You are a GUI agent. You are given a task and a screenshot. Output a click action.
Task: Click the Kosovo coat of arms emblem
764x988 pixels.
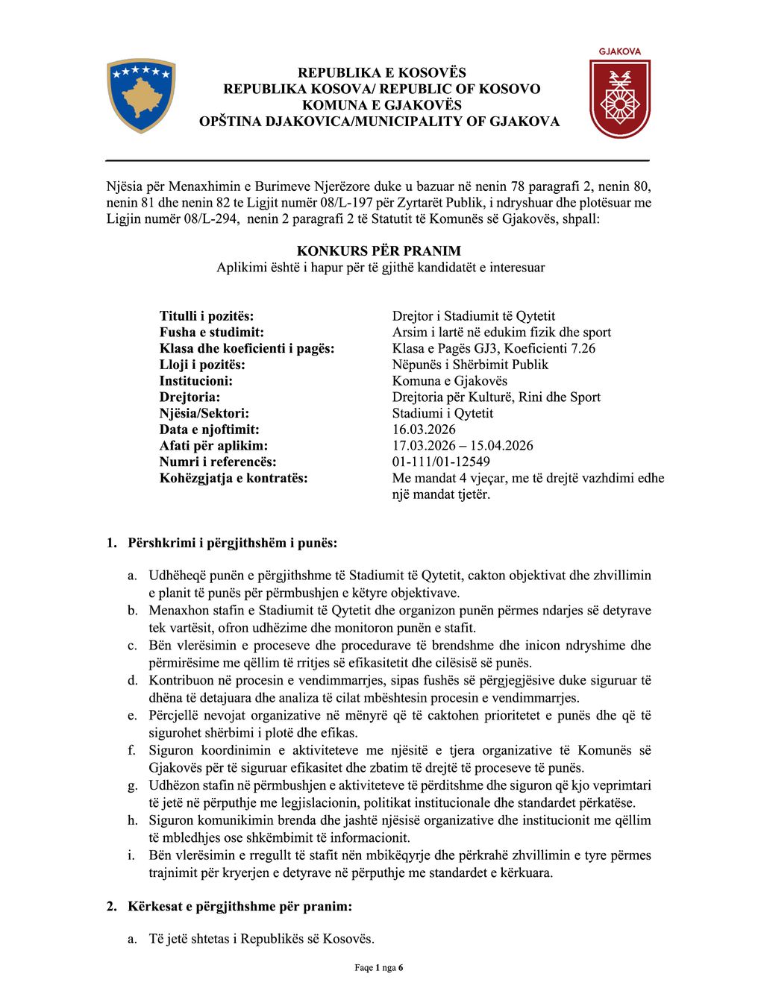tap(141, 95)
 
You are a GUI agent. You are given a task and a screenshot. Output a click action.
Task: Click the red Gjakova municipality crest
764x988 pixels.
tap(619, 98)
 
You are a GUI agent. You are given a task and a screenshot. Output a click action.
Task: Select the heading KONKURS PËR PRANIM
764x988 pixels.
tap(379, 251)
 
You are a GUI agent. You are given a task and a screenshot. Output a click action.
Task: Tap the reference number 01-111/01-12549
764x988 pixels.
tap(441, 462)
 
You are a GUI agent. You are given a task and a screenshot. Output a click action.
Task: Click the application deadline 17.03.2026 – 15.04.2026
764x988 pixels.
tap(463, 446)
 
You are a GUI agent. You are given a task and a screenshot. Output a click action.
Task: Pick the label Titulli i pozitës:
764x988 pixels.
tap(207, 316)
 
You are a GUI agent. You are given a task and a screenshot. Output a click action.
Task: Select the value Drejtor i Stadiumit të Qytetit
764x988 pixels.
tap(474, 316)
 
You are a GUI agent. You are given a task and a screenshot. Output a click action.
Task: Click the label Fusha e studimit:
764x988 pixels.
tap(212, 333)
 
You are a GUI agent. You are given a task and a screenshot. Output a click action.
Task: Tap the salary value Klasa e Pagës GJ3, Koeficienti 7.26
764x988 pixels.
tap(494, 348)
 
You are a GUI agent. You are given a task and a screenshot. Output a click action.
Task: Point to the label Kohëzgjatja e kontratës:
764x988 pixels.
tap(234, 478)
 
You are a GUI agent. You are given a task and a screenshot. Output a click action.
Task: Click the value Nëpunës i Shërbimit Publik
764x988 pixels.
tap(470, 365)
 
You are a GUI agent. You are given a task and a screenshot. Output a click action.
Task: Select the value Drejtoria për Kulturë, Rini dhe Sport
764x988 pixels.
tap(496, 397)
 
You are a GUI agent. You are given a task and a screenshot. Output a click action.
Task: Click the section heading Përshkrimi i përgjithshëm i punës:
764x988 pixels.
tap(232, 543)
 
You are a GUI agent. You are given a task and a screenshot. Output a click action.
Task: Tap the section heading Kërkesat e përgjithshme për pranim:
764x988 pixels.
tap(239, 907)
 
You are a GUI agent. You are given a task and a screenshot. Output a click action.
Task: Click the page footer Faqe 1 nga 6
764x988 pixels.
tap(379, 968)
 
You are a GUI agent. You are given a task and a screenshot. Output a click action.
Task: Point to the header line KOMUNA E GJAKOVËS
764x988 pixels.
tap(382, 105)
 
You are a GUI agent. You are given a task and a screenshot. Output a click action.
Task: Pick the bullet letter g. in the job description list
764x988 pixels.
tap(133, 785)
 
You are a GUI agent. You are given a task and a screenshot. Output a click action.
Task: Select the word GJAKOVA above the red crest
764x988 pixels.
tap(620, 52)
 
